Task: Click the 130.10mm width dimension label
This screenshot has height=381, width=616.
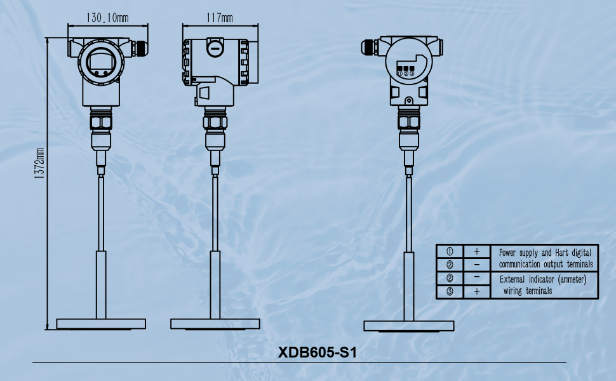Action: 107,18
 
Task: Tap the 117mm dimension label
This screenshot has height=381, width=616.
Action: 220,18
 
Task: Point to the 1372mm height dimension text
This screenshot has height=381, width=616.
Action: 39,163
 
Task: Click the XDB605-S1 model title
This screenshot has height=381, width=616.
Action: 318,352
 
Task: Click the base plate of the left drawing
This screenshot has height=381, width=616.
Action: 101,324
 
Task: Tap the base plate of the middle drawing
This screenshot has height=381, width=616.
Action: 215,324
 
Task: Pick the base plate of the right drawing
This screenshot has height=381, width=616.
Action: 408,326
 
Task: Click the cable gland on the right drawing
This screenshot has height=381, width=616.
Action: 370,47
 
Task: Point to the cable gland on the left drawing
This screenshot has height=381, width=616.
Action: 139,47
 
